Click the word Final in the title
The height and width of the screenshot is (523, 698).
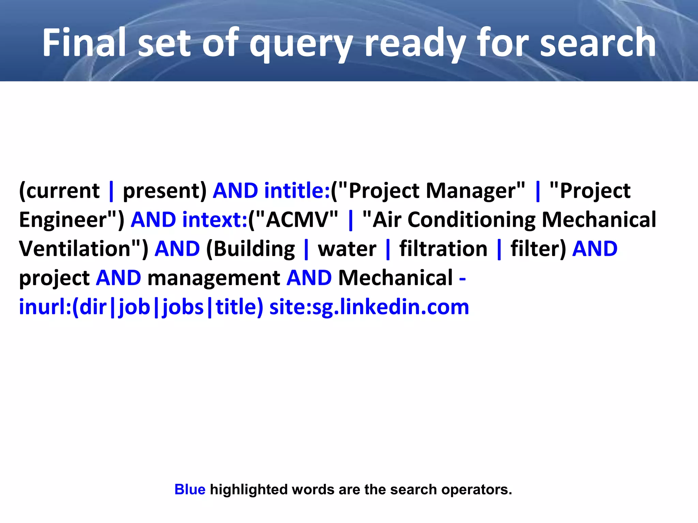(84, 43)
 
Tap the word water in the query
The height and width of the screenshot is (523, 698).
(347, 249)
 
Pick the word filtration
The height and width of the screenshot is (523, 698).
(443, 249)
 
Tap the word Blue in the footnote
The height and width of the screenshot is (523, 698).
(190, 489)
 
